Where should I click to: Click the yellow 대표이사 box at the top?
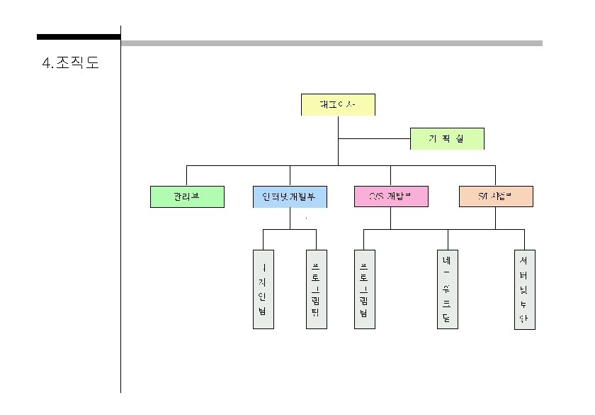point(338,104)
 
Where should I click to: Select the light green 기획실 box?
point(447,139)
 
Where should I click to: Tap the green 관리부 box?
point(187,197)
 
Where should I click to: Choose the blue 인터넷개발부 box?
point(290,197)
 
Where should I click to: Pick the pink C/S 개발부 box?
point(391,197)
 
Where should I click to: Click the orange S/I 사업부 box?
point(495,197)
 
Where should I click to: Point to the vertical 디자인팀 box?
point(263,289)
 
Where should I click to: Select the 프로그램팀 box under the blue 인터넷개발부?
point(316,289)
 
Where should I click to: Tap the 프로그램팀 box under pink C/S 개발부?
point(364,289)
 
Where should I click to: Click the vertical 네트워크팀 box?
point(448,289)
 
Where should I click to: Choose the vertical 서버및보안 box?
point(524,289)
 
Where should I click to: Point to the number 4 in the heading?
point(47,64)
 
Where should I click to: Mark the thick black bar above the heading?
point(79,37)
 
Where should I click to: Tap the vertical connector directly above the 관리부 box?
point(187,175)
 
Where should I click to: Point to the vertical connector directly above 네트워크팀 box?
point(448,240)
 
